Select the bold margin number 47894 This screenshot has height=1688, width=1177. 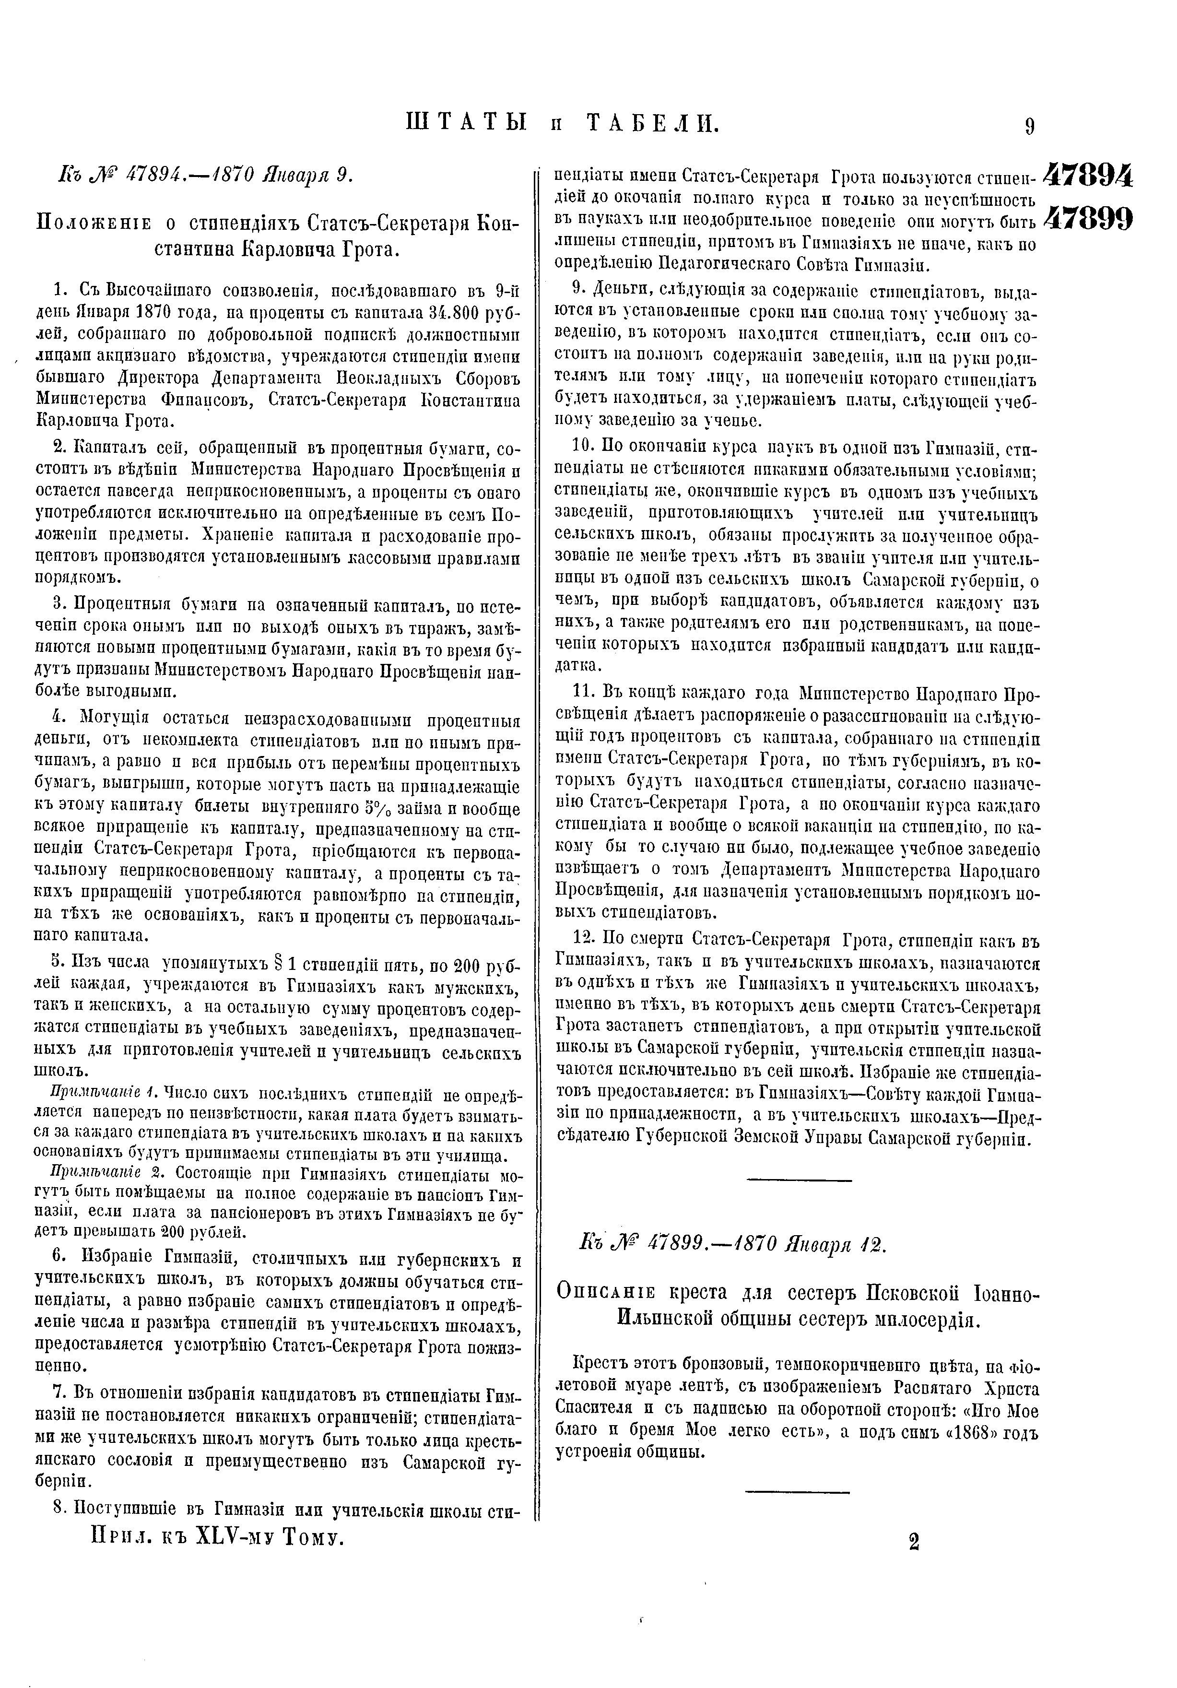click(x=1088, y=177)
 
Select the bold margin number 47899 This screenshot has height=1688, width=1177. click(x=1088, y=218)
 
